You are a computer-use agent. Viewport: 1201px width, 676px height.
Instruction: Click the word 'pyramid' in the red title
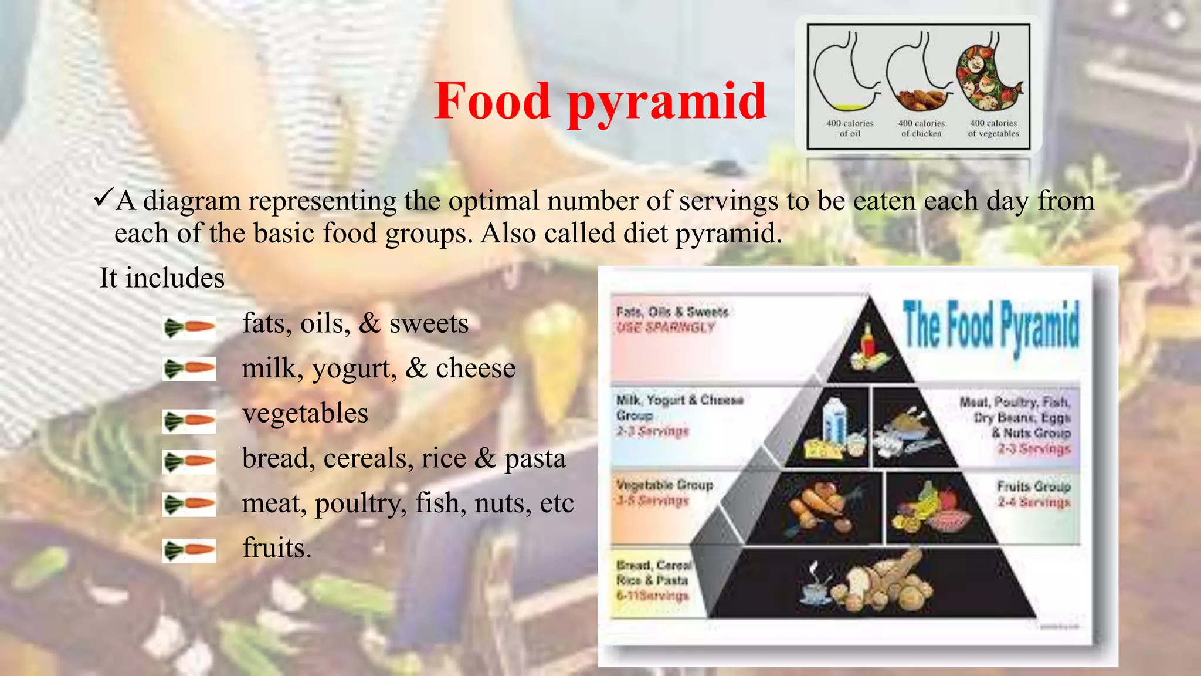click(667, 102)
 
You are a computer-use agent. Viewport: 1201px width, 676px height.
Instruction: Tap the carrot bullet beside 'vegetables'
click(189, 421)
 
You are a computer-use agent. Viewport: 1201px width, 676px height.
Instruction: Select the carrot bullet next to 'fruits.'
click(189, 550)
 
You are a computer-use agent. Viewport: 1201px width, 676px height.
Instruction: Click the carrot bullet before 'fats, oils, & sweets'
click(189, 327)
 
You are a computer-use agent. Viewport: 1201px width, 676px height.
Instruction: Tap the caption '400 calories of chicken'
click(921, 129)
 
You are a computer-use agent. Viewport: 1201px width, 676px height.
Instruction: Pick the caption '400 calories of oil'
click(850, 129)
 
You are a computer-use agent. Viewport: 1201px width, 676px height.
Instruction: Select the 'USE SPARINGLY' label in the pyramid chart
click(666, 327)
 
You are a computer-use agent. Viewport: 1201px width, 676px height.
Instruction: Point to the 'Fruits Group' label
click(1034, 486)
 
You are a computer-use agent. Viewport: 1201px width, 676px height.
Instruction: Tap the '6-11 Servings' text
click(652, 596)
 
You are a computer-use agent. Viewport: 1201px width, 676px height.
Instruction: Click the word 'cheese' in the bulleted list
click(475, 369)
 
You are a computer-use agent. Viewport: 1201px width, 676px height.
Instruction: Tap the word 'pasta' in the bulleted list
click(535, 458)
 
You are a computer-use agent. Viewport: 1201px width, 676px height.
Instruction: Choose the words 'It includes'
click(162, 278)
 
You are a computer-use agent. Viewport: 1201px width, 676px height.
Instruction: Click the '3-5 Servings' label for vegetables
click(652, 501)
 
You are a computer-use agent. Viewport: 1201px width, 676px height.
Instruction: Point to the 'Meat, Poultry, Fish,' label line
click(1015, 403)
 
